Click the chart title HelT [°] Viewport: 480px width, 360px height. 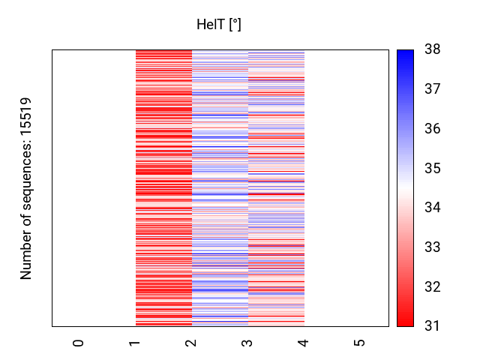tap(219, 25)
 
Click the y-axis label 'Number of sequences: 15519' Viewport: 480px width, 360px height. tap(27, 188)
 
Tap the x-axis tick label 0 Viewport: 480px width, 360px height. tap(79, 343)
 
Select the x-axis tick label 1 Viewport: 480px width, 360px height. tap(135, 343)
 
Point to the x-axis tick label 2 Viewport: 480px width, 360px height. tap(191, 343)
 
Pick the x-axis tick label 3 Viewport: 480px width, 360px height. tap(247, 343)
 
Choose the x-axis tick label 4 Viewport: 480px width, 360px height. tap(304, 343)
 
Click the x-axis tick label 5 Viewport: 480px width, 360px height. tap(360, 343)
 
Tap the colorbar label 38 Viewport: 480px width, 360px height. tap(432, 50)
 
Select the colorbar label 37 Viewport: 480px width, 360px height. tap(432, 90)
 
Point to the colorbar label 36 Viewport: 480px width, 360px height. tap(432, 129)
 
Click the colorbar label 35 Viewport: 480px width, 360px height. tap(432, 169)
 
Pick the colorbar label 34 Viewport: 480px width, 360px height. tap(432, 208)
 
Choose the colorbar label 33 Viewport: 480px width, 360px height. tap(432, 247)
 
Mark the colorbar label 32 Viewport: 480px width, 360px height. tap(432, 286)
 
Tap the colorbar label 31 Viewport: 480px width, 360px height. tap(432, 326)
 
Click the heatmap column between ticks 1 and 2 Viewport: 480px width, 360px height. tap(163, 187)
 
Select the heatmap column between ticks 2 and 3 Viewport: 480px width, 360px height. tap(220, 187)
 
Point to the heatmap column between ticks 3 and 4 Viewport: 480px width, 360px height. tap(276, 187)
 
